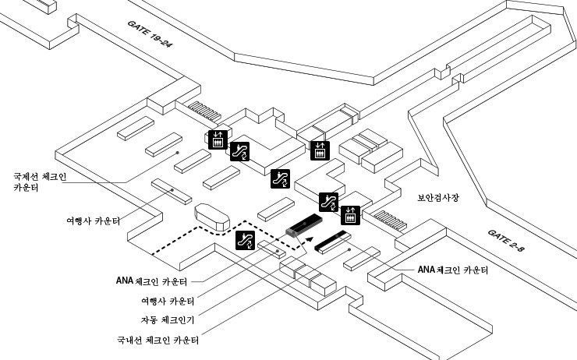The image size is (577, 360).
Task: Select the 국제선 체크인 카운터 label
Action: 39,182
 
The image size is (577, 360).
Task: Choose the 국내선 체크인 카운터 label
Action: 156,340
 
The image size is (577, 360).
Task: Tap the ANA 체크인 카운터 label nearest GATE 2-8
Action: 452,270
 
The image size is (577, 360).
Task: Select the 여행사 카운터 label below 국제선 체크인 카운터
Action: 93,221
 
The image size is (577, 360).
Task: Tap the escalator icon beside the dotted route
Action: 245,241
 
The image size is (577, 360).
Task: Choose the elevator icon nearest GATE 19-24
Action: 219,138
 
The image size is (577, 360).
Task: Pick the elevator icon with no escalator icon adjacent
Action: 319,150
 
